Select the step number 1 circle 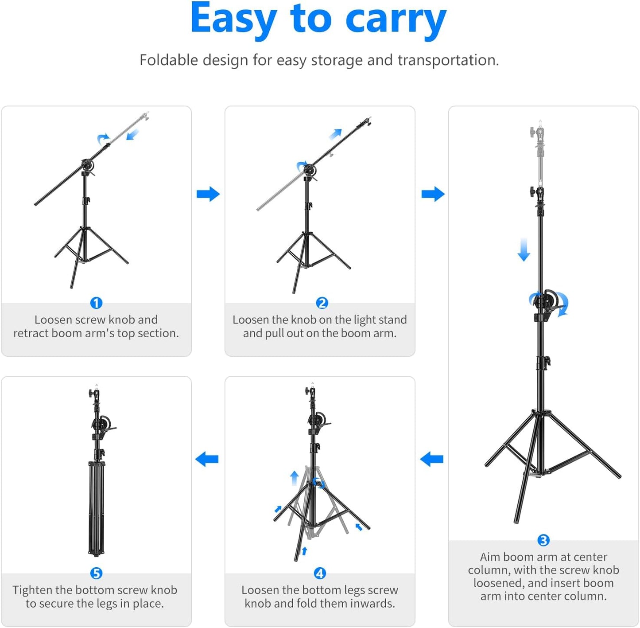click(96, 303)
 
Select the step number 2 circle click(322, 303)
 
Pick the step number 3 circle click(543, 540)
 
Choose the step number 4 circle click(320, 573)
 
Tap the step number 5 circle click(96, 573)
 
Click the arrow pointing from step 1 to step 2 click(208, 194)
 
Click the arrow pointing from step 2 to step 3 click(433, 194)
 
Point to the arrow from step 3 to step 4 click(432, 459)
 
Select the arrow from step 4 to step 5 click(207, 459)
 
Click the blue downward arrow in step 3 click(524, 250)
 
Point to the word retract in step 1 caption click(31, 333)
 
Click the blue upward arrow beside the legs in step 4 click(294, 478)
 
